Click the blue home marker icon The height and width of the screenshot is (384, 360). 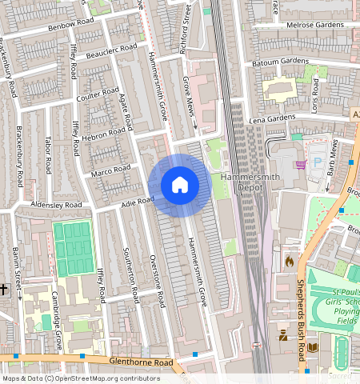click(180, 186)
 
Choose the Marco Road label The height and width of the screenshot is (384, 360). click(110, 170)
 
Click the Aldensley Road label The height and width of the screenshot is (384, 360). click(57, 206)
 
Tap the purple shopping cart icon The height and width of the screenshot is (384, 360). click(301, 165)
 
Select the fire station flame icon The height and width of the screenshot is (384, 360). click(289, 260)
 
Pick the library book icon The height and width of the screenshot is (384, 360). click(312, 346)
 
